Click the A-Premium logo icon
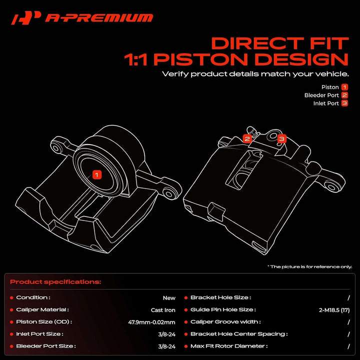pyautogui.click(x=26, y=18)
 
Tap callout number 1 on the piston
pyautogui.click(x=96, y=174)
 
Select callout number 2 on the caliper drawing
pyautogui.click(x=247, y=138)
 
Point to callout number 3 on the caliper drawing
pyautogui.click(x=281, y=138)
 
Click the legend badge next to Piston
pyautogui.click(x=344, y=87)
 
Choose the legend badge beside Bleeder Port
pyautogui.click(x=344, y=95)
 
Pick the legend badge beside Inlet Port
pyautogui.click(x=344, y=103)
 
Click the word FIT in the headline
pyautogui.click(x=329, y=43)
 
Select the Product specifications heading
pyautogui.click(x=55, y=281)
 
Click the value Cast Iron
pyautogui.click(x=163, y=310)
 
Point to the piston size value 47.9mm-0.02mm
pyautogui.click(x=152, y=322)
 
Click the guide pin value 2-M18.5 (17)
pyautogui.click(x=334, y=310)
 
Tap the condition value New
pyautogui.click(x=169, y=298)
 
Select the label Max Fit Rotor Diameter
pyautogui.click(x=229, y=346)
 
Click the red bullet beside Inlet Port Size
pyautogui.click(x=11, y=334)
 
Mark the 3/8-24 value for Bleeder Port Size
pyautogui.click(x=166, y=346)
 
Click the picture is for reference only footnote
pyautogui.click(x=309, y=267)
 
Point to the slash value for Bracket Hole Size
pyautogui.click(x=348, y=298)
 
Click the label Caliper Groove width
pyautogui.click(x=225, y=321)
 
